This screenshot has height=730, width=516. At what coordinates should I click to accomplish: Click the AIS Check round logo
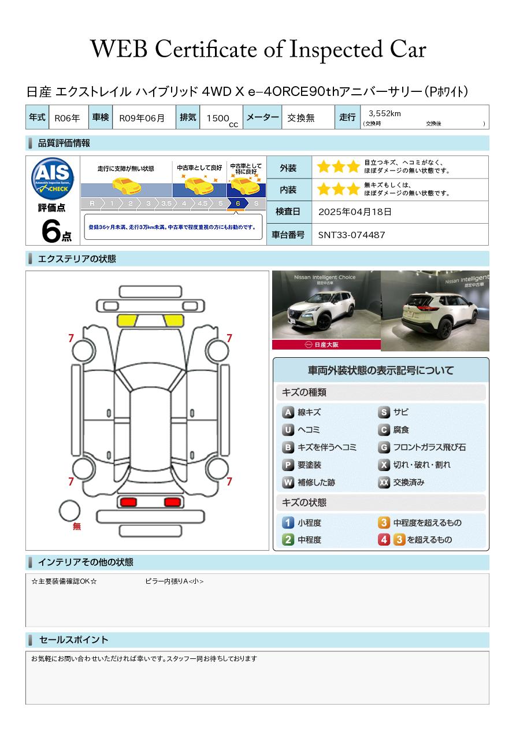(x=53, y=178)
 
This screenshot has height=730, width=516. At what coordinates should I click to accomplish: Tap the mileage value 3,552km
(x=384, y=113)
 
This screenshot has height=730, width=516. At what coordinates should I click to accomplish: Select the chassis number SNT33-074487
(x=351, y=235)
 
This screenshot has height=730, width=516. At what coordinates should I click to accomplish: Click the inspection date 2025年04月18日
(x=354, y=212)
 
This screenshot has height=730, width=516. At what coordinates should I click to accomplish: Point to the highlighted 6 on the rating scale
(x=238, y=203)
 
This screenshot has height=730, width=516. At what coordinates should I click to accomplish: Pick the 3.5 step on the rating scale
(x=166, y=203)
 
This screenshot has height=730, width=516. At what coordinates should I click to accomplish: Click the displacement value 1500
(x=218, y=118)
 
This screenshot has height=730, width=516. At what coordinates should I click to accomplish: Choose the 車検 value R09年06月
(x=142, y=118)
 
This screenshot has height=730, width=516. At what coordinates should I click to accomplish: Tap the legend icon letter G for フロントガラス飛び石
(x=384, y=447)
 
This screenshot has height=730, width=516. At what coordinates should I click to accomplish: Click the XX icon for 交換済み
(x=384, y=482)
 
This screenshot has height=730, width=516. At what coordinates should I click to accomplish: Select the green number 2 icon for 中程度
(x=288, y=540)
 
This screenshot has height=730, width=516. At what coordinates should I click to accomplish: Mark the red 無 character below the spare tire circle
(x=76, y=527)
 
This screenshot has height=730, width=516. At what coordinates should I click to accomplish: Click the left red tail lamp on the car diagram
(x=128, y=502)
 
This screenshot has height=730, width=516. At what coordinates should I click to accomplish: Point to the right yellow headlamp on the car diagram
(x=174, y=321)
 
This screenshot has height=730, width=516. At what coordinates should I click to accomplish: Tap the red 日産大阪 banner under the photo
(x=326, y=345)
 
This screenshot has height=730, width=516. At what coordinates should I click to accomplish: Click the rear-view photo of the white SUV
(x=435, y=311)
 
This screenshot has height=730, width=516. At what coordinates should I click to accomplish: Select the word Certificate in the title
(x=206, y=50)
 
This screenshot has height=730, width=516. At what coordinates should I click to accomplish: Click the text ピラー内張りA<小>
(x=175, y=581)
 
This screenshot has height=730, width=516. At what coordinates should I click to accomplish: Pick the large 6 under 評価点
(x=51, y=231)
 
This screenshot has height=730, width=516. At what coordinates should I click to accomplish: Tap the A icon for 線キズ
(x=288, y=413)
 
